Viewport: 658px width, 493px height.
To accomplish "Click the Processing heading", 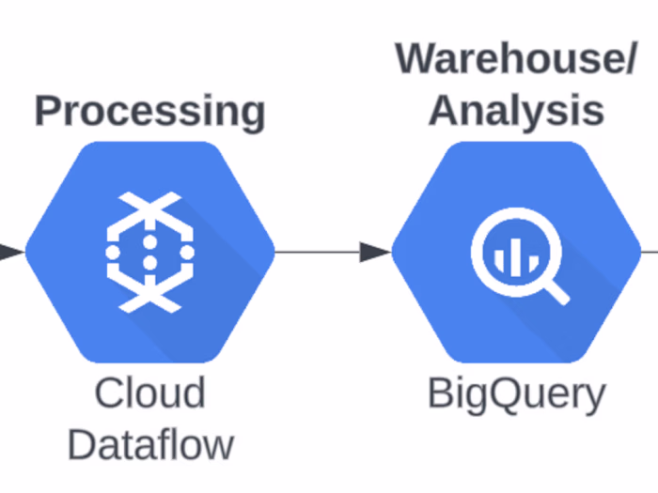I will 149,111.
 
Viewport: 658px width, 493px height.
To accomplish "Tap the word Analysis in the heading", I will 516,110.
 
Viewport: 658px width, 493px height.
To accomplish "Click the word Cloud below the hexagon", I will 149,393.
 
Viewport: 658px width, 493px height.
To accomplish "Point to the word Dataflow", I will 150,443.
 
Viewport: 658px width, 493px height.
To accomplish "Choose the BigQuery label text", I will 516,393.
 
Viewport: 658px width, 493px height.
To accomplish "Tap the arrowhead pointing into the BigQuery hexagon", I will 375,252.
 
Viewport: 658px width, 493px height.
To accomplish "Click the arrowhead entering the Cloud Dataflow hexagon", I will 9,252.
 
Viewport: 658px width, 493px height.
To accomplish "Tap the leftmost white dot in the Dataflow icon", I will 114,252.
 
